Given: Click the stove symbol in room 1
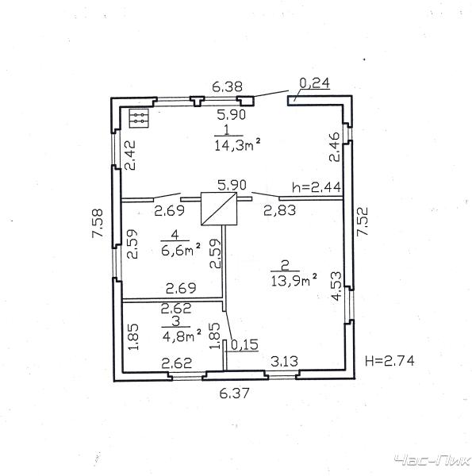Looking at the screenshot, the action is [139, 118].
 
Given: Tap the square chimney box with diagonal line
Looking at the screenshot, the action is [219, 209].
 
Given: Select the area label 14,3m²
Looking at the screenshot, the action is [237, 145].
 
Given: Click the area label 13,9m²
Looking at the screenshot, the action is [294, 280].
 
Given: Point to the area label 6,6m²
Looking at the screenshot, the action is [181, 250].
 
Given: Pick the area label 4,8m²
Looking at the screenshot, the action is [182, 336].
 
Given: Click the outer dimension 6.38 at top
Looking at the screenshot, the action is [227, 86].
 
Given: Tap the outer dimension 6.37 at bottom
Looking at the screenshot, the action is [234, 393].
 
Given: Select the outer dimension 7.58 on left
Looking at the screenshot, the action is [98, 223].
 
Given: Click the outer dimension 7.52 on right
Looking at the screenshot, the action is [363, 221].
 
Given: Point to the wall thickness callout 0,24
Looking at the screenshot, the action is [314, 83].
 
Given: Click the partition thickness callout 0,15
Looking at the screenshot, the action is [244, 344].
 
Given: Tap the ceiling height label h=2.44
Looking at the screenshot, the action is [317, 187].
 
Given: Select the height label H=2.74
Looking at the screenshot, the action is [389, 361].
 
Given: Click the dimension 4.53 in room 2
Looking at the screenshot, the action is [336, 286].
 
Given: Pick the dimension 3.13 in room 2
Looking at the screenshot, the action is [284, 361].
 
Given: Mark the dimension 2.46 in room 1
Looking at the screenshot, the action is [335, 147].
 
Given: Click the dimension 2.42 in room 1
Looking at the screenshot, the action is [131, 155].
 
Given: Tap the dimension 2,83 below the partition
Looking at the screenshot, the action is [279, 210].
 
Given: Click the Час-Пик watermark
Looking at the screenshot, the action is [432, 461].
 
